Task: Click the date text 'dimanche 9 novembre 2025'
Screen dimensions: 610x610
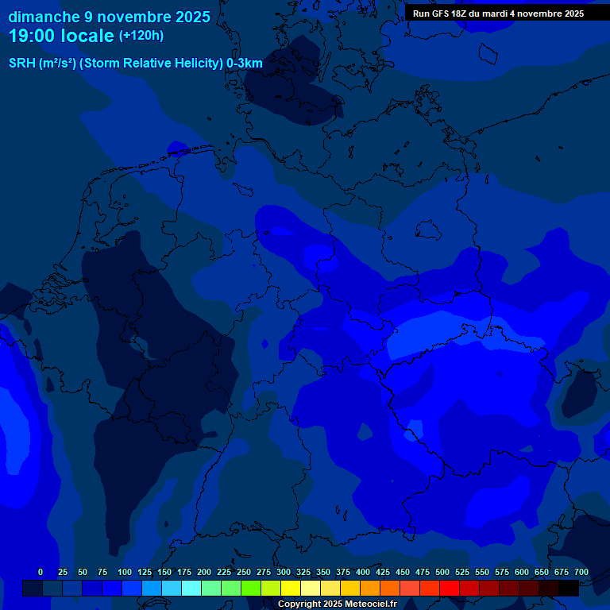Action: point(110,17)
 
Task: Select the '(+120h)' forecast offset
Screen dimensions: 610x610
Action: point(141,36)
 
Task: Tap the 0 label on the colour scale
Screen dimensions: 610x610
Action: point(41,572)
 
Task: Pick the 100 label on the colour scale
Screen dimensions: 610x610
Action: point(124,572)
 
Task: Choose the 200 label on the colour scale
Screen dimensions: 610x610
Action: point(203,572)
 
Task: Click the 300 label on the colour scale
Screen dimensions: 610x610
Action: point(283,572)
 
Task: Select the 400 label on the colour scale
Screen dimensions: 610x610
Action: point(362,572)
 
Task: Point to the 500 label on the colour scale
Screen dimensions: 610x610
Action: point(442,572)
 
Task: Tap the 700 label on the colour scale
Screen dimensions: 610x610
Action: point(581,572)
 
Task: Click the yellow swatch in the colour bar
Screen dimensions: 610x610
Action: point(291,588)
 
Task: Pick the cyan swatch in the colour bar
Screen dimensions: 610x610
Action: point(191,588)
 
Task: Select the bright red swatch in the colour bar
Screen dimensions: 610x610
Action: point(450,588)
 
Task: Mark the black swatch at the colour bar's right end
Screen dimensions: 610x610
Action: point(569,588)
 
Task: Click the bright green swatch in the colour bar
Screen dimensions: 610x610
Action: point(251,588)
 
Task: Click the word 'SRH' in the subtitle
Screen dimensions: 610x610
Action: point(21,63)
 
